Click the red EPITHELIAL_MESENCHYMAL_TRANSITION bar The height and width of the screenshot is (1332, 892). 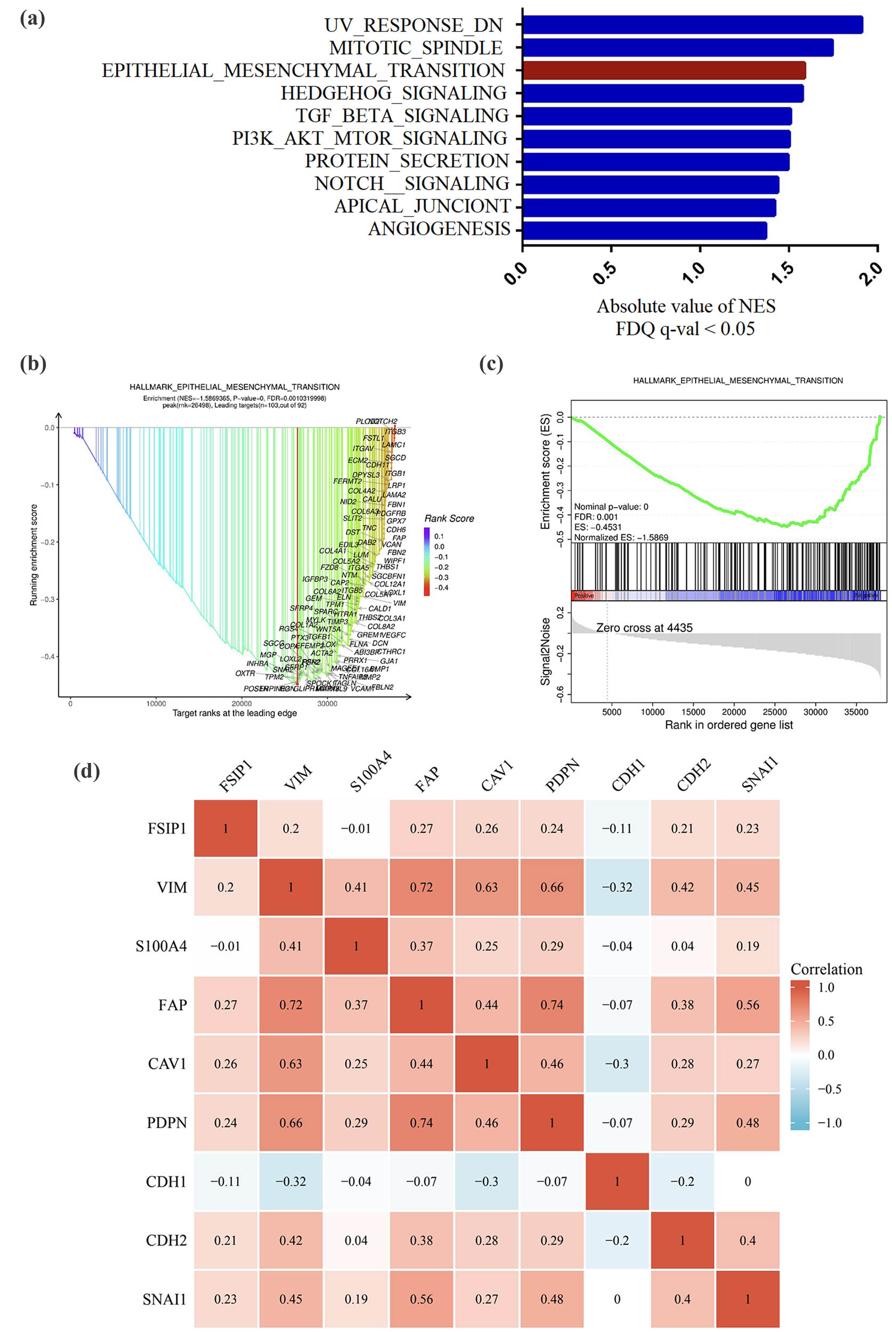(664, 70)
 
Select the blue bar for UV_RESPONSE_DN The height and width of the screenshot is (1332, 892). (692, 25)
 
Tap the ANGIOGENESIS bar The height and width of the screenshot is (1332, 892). (645, 230)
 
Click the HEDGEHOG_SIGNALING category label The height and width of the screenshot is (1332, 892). (393, 93)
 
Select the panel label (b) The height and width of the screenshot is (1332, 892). (33, 363)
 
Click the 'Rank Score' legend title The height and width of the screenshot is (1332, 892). (449, 518)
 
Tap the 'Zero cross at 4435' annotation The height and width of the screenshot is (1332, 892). (644, 627)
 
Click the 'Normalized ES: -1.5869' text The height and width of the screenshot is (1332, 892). (621, 537)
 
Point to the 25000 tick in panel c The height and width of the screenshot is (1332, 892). (774, 711)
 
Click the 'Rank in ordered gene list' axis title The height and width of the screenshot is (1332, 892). (728, 725)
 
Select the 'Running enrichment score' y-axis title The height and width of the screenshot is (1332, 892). (34, 555)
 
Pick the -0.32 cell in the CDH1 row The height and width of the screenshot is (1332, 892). (291, 1181)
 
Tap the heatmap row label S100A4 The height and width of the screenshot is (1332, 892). (161, 946)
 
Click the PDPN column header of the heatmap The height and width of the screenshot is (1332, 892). (562, 775)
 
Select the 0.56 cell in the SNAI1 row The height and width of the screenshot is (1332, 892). (421, 1299)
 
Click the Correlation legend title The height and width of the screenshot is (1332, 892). (826, 969)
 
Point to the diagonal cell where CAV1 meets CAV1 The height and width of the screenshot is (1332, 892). (486, 1063)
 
